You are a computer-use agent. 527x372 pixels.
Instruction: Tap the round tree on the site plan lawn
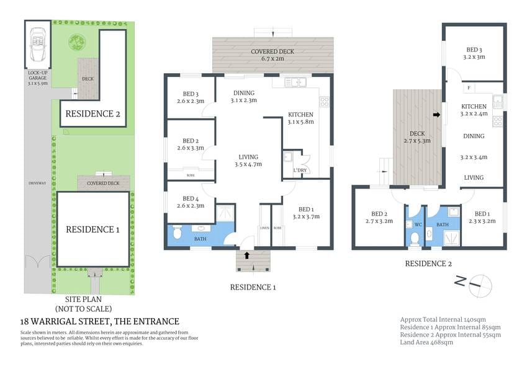(77, 42)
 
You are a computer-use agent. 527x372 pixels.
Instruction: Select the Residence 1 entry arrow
(248, 254)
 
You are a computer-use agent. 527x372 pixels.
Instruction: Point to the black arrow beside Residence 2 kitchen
(436, 115)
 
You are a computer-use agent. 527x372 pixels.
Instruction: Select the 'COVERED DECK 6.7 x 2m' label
(273, 56)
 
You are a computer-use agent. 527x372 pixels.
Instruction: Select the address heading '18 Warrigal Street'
(100, 321)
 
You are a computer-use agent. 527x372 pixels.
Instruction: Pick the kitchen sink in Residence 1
(293, 82)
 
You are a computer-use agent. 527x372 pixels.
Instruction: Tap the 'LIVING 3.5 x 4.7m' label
(248, 161)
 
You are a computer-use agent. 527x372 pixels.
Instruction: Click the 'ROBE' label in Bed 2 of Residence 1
(191, 175)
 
